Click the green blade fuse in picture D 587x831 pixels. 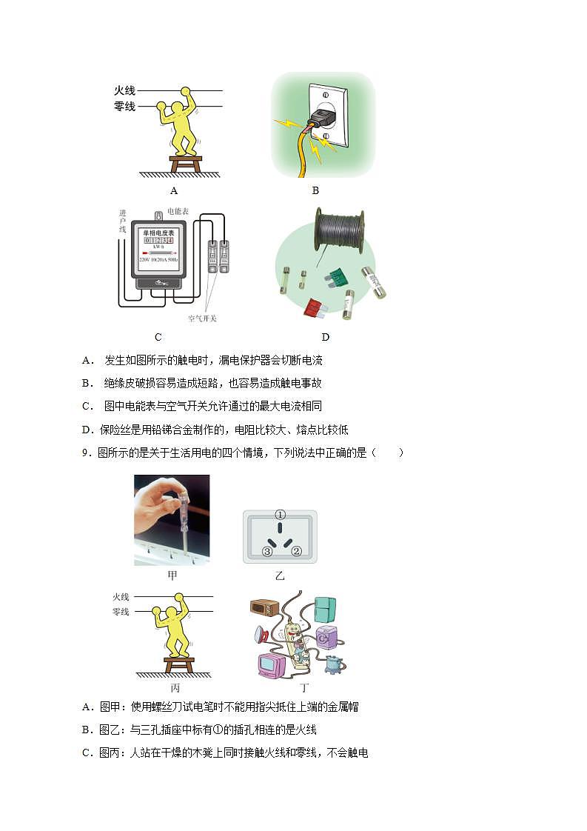[x=336, y=278]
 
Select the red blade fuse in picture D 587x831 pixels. [x=315, y=307]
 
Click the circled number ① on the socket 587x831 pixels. [x=280, y=515]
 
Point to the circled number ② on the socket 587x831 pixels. [x=296, y=550]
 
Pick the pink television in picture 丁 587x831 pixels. [x=271, y=664]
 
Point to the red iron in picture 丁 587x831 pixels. [x=261, y=634]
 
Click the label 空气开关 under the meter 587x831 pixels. [x=202, y=318]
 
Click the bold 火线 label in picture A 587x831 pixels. [x=124, y=90]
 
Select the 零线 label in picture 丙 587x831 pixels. [x=121, y=612]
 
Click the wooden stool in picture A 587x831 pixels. [x=185, y=162]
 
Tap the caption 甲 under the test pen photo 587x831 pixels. [x=172, y=575]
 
